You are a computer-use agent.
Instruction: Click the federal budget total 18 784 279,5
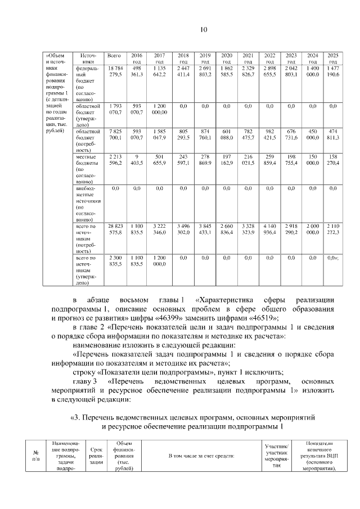[x=114, y=71]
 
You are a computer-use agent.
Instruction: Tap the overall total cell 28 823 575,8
[x=114, y=228]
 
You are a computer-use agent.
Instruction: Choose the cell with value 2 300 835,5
[x=114, y=260]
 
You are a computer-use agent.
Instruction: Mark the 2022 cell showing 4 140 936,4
[x=269, y=228]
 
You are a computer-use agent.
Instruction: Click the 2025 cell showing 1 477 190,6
[x=332, y=71]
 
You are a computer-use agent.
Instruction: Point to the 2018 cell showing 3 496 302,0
[x=183, y=228]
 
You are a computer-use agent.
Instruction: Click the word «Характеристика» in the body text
[x=224, y=300]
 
